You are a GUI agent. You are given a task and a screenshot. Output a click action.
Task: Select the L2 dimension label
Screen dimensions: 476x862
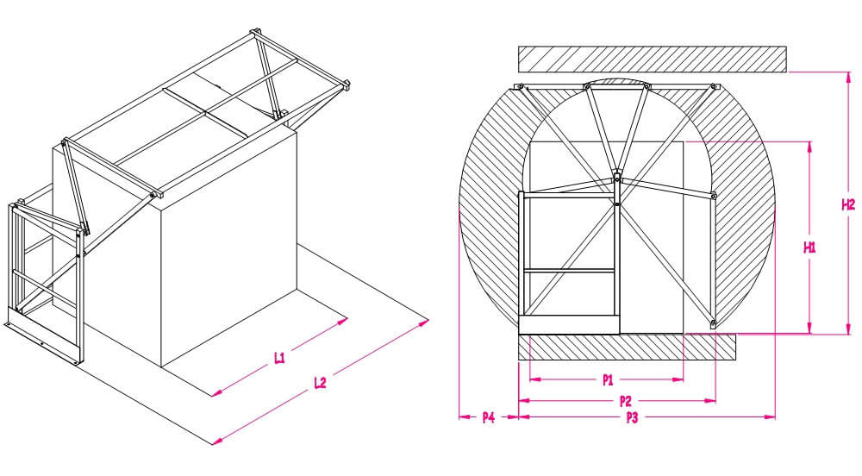[x=320, y=384]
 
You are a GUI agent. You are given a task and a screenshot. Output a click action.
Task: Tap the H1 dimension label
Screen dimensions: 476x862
[x=809, y=247]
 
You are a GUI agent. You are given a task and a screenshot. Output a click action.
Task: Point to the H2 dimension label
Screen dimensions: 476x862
[x=848, y=204]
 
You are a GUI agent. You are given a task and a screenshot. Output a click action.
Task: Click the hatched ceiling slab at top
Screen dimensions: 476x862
[x=652, y=59]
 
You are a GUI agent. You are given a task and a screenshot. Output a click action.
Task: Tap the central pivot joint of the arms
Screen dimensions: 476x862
[x=617, y=178]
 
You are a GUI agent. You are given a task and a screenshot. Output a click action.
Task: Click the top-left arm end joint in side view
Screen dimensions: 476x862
[x=520, y=86]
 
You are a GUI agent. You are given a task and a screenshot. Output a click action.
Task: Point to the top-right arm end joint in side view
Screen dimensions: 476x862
[x=714, y=87]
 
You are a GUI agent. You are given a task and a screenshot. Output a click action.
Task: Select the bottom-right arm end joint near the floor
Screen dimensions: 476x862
[x=714, y=325]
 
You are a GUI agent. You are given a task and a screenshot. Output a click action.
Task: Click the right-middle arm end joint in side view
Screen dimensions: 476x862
[x=715, y=197]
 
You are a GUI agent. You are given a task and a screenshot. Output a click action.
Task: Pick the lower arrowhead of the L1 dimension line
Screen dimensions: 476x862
[x=215, y=392]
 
